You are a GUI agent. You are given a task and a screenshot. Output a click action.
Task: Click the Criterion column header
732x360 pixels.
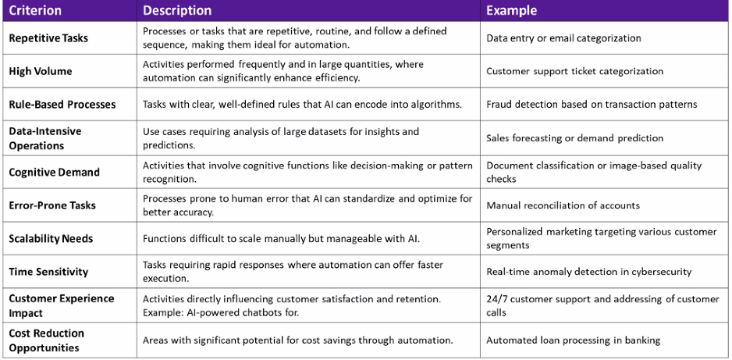coord(34,10)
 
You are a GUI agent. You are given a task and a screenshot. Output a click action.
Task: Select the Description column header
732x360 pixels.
coord(177,10)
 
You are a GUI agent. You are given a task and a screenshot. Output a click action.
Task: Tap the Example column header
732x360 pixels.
coord(512,10)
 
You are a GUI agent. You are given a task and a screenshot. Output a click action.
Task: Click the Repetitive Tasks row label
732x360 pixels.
coord(48,37)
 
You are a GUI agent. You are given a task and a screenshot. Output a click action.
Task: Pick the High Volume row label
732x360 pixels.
coord(41,71)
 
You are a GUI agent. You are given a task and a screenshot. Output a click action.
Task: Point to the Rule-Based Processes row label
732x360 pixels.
coord(62,104)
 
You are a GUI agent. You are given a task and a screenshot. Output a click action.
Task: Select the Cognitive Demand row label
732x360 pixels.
coord(54,172)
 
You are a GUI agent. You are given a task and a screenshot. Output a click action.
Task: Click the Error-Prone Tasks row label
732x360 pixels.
coord(52,205)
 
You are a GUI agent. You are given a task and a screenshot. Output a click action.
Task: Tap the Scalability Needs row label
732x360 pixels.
coord(51,239)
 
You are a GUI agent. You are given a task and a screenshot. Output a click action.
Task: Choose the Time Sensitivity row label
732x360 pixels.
coord(48,272)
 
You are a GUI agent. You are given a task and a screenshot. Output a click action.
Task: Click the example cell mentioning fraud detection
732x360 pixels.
coord(592,104)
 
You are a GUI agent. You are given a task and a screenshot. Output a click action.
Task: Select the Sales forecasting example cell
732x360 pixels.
coord(574,138)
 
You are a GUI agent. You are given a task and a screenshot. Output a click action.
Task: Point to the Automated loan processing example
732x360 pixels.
coord(574,340)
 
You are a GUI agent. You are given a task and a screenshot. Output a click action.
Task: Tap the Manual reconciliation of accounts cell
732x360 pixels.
coord(563,205)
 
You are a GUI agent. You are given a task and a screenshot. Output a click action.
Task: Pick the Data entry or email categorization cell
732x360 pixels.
coord(563,38)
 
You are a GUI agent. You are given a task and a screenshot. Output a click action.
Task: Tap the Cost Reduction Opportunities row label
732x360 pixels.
coord(47,340)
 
